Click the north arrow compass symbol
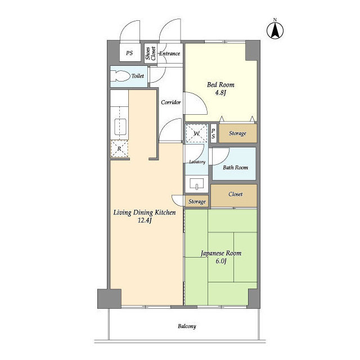point(275,30)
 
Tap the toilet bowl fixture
point(120,76)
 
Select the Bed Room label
point(220,85)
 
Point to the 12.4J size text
point(145,220)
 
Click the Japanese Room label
point(221,253)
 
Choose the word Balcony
point(187,326)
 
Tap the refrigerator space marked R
point(119,148)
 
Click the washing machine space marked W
point(197,133)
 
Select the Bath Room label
point(235,168)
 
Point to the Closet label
point(236,194)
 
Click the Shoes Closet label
point(151,53)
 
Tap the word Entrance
point(170,53)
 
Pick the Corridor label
point(171,102)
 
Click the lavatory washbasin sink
point(197,184)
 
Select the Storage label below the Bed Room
point(237,133)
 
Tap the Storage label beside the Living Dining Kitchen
point(197,201)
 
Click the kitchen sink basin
point(120,127)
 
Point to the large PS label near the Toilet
point(129,53)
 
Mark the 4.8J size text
point(220,93)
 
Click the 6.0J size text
point(221,261)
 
